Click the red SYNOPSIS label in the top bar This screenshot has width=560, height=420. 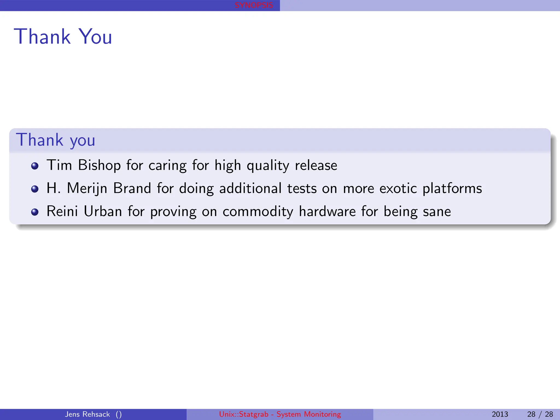(254, 5)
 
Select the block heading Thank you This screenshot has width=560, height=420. (56, 140)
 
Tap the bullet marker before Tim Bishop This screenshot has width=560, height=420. (35, 166)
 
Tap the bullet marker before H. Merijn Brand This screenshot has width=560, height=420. (35, 189)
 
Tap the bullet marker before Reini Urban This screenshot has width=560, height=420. (35, 212)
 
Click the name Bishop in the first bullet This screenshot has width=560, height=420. (99, 165)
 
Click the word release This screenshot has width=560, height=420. (316, 165)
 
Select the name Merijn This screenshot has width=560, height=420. (87, 189)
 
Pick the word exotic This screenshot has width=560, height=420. (398, 188)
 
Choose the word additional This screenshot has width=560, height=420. (250, 188)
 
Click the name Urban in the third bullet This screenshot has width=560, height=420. (103, 211)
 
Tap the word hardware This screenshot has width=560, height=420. (327, 211)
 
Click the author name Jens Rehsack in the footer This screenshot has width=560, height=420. (87, 414)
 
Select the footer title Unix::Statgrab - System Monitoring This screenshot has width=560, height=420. (280, 414)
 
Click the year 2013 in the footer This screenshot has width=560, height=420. (500, 414)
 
